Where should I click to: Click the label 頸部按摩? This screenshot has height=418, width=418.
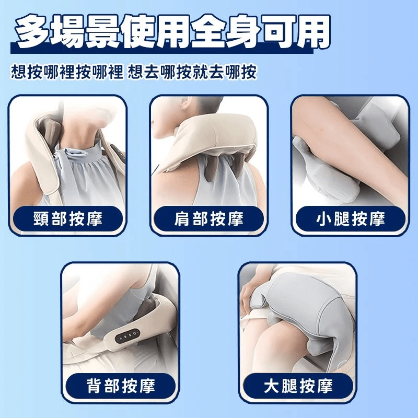coord(68,219)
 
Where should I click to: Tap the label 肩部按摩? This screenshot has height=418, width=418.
coord(209,219)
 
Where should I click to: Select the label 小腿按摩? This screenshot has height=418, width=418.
coord(351,219)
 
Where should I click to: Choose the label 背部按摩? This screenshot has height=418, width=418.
coord(121,386)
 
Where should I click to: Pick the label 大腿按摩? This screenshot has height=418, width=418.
coord(298,386)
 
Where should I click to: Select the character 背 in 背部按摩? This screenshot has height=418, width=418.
coord(94,386)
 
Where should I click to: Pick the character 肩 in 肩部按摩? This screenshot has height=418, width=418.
coord(182,219)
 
